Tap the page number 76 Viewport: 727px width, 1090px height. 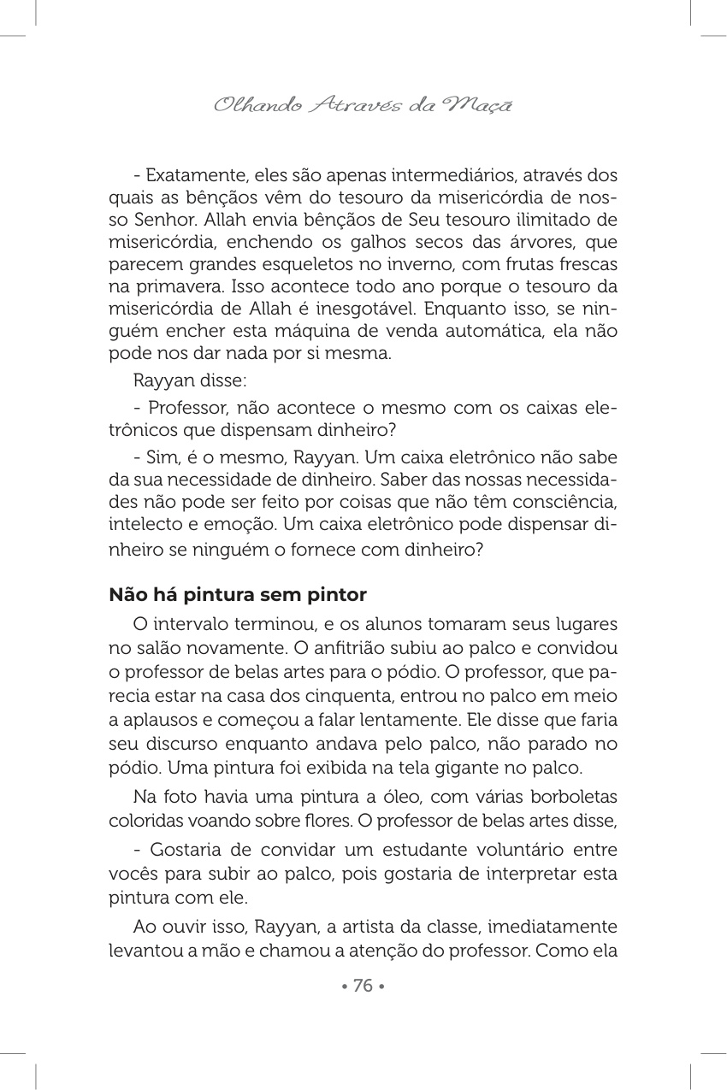point(363,986)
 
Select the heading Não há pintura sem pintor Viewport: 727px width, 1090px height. point(238,594)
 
